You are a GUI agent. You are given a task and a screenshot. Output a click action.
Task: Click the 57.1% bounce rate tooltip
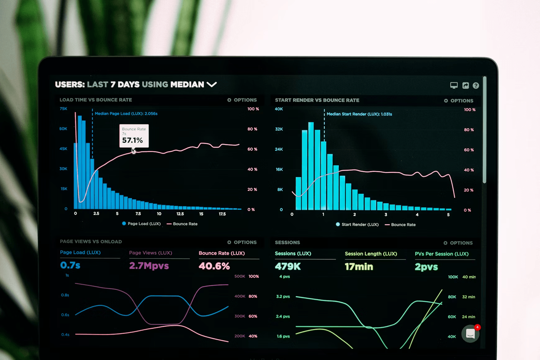pos(134,136)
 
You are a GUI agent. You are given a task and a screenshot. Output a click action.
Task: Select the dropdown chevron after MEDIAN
pos(212,84)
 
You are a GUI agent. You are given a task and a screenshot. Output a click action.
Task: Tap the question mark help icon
pos(476,86)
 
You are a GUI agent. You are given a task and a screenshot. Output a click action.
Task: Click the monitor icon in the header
pos(454,85)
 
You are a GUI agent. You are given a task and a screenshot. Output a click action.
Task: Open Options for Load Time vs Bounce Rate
pos(242,100)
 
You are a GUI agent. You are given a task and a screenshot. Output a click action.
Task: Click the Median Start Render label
pos(359,114)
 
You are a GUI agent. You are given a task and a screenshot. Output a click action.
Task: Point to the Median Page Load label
pos(126,114)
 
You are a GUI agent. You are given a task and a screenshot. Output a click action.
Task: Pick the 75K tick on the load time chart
pos(63,109)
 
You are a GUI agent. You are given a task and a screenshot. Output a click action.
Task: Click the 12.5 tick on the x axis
pos(180,214)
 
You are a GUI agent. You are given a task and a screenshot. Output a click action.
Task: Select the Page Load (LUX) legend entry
pos(142,224)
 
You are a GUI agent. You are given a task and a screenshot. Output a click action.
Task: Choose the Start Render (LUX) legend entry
pos(357,224)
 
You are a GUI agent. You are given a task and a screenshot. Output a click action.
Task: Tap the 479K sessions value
pos(288,266)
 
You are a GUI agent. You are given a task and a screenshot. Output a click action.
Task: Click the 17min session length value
pos(359,267)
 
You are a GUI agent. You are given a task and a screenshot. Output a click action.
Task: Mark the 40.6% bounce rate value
pos(214,266)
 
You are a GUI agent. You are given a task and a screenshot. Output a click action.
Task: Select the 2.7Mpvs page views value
pos(149,266)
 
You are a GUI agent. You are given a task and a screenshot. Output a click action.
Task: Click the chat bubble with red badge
pos(470,333)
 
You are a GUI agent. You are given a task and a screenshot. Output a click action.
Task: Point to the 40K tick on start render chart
pos(279,109)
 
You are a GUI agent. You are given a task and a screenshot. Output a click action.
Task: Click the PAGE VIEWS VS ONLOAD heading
pos(91,241)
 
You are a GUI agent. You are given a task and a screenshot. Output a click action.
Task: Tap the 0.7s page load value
pos(70,265)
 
